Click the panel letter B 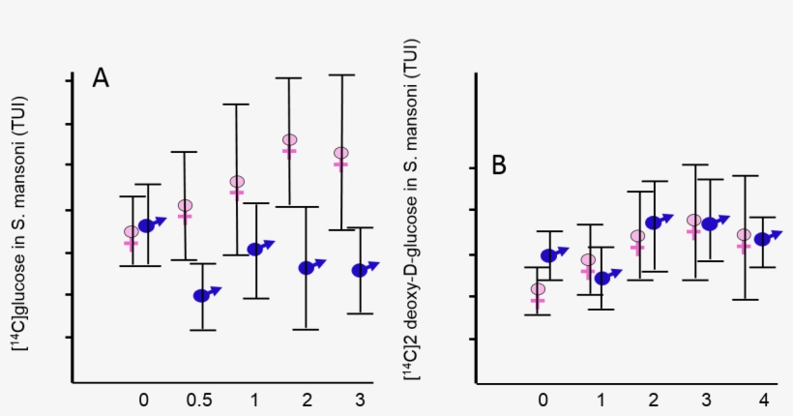pyautogui.click(x=499, y=165)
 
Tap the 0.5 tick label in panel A pyautogui.click(x=198, y=400)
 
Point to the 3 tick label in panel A pyautogui.click(x=360, y=400)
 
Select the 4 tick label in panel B pyautogui.click(x=763, y=400)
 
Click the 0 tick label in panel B pyautogui.click(x=543, y=400)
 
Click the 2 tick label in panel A pyautogui.click(x=307, y=400)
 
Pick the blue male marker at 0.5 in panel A pyautogui.click(x=202, y=295)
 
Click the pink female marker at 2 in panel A pyautogui.click(x=289, y=142)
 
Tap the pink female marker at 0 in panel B pyautogui.click(x=538, y=290)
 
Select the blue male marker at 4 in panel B pyautogui.click(x=763, y=238)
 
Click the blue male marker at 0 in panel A pyautogui.click(x=148, y=224)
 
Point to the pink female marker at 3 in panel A pyautogui.click(x=340, y=155)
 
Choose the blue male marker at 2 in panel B pyautogui.click(x=655, y=222)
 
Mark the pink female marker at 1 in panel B pyautogui.click(x=587, y=261)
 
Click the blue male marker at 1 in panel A pyautogui.click(x=256, y=249)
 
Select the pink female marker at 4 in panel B pyautogui.click(x=744, y=236)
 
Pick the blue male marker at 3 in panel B pyautogui.click(x=711, y=223)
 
